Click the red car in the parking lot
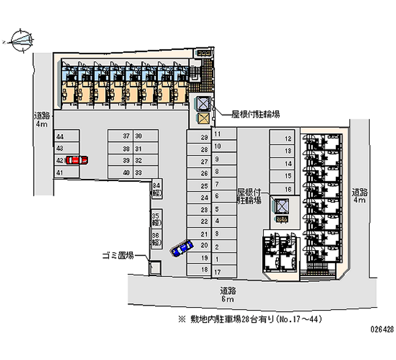point(76,159)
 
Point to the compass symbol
point(19,40)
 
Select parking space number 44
point(66,136)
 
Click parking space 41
point(66,172)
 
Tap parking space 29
point(198,138)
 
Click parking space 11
point(224,134)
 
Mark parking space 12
point(282,139)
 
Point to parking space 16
point(282,189)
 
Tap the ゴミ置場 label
point(117,256)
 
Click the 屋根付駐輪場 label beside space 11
point(255,114)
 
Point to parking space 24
point(198,198)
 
